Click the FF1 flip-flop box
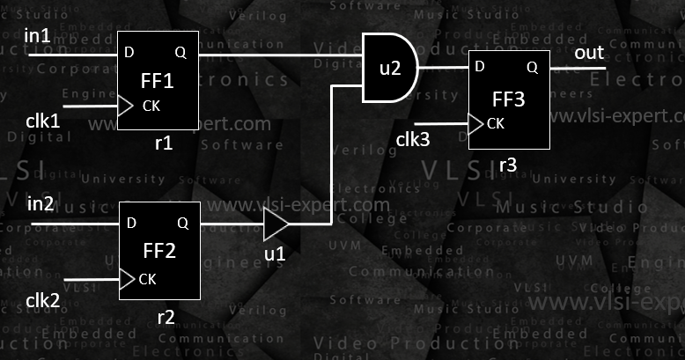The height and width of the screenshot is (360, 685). pos(158,80)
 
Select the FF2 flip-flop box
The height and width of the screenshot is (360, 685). pos(158,251)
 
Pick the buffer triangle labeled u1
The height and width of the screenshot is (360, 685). pos(275,224)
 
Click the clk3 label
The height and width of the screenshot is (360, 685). pos(412,138)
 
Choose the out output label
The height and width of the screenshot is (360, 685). pos(589,54)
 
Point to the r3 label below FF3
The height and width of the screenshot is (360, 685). pos(507,165)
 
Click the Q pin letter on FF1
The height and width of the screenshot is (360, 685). pos(180,53)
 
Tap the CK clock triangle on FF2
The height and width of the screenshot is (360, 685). pos(125,280)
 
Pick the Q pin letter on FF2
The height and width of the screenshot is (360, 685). pos(182,224)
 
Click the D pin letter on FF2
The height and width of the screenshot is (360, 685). pos(130,224)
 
